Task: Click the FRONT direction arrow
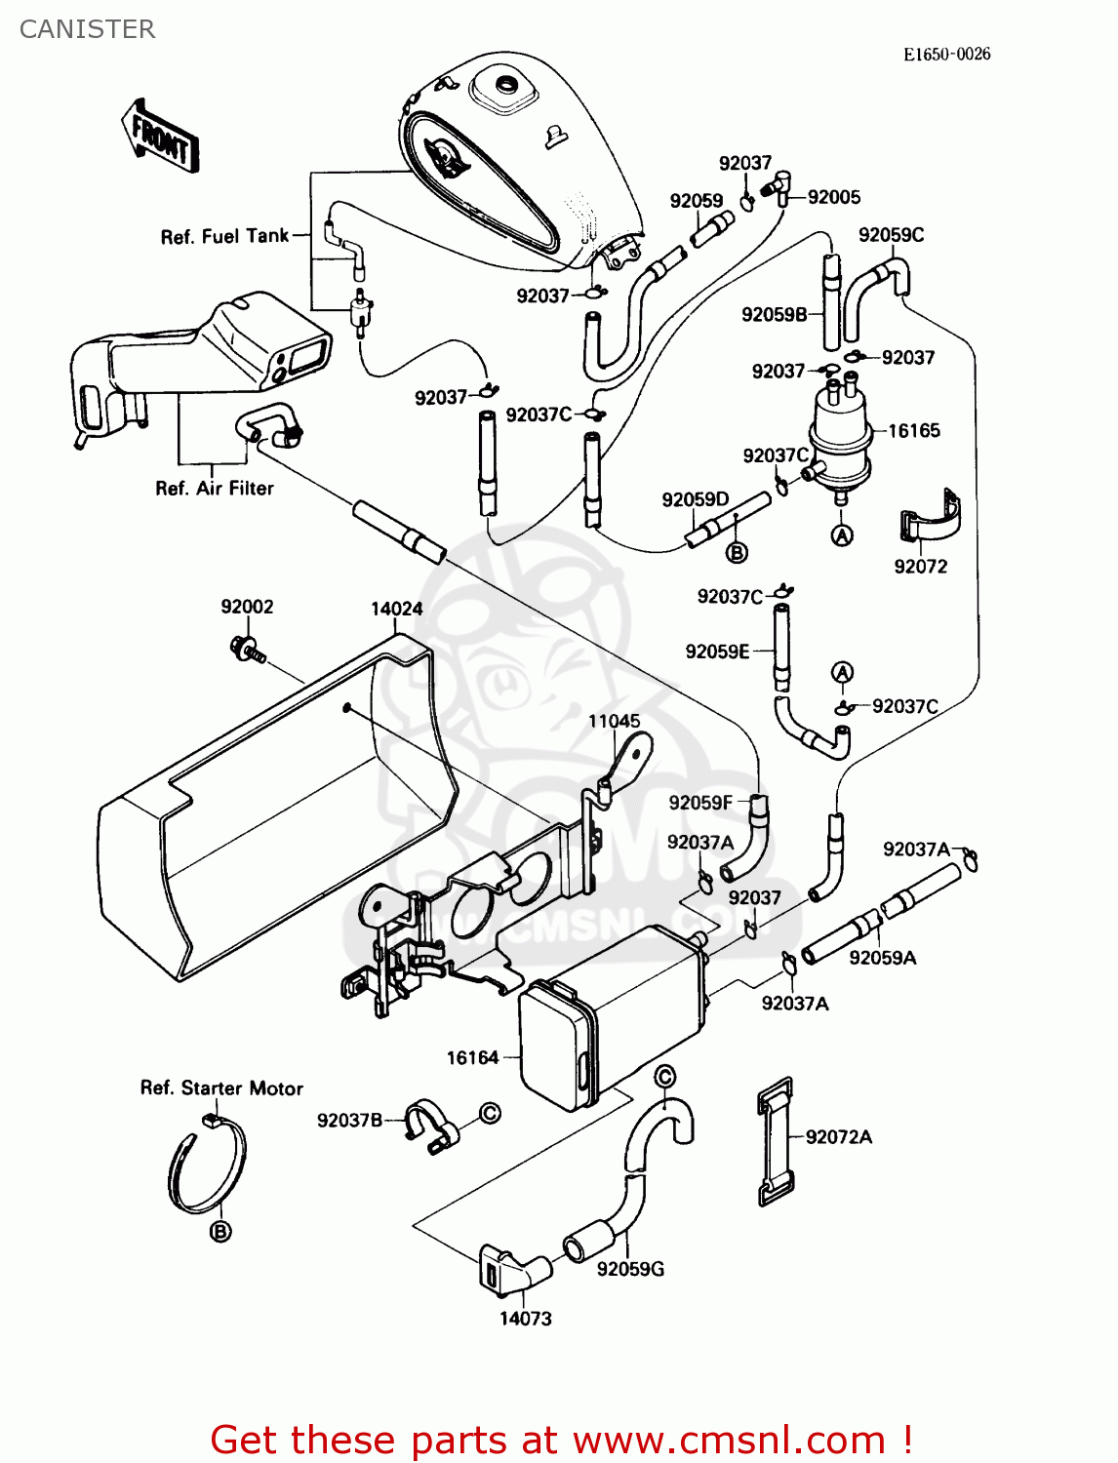(160, 137)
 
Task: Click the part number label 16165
(913, 431)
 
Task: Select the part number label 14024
(396, 610)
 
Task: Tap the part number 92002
(247, 607)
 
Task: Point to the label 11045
(614, 722)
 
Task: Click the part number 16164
(472, 1057)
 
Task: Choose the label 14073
(525, 1319)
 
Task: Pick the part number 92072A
(839, 1137)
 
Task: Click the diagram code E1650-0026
(945, 55)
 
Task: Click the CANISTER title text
(87, 29)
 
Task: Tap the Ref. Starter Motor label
(221, 1088)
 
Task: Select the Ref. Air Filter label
(215, 489)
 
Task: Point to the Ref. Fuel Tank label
(224, 237)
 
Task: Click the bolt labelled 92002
(247, 649)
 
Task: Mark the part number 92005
(834, 197)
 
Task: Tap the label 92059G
(630, 1269)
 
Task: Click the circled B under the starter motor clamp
(221, 1232)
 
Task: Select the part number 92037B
(349, 1121)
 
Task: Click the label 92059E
(717, 652)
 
